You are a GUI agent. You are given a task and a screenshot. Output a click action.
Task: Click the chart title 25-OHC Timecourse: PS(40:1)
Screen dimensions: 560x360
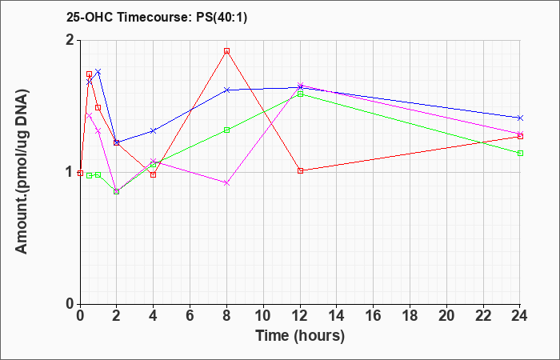[157, 18]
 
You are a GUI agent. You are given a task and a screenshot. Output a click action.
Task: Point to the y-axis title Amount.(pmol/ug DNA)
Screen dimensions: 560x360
[22, 172]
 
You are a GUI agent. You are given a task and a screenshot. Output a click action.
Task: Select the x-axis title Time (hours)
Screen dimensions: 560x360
[300, 336]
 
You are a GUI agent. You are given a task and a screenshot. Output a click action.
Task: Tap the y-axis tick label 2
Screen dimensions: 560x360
[70, 40]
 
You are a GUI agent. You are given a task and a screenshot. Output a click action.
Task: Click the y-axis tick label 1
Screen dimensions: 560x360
[70, 173]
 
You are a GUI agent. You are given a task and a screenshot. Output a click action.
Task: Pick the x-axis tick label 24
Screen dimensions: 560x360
[519, 316]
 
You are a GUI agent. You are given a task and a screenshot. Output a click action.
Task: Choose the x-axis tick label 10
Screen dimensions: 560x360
[263, 316]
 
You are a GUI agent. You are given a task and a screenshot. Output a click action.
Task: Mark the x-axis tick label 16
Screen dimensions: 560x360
[374, 316]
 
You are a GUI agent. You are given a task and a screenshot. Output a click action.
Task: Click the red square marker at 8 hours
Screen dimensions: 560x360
[226, 51]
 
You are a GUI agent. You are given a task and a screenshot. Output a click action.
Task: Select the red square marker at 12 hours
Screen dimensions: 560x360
[300, 170]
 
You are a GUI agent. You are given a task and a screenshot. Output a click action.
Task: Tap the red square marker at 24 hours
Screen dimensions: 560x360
[520, 137]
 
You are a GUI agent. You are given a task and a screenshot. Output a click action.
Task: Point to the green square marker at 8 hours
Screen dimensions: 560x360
[226, 130]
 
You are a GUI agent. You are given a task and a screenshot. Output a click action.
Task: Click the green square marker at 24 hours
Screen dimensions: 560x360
[520, 154]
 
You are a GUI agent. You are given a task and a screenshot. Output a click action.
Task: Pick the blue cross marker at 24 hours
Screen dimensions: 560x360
[520, 118]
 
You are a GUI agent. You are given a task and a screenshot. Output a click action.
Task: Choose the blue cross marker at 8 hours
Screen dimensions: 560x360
[226, 90]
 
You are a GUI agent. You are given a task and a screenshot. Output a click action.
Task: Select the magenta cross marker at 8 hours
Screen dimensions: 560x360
[226, 183]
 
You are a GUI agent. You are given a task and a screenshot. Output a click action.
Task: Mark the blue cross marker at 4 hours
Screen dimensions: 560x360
[154, 130]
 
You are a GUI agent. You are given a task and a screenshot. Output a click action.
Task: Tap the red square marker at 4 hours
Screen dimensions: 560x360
[154, 174]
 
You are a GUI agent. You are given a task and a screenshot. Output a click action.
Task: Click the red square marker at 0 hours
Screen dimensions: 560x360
[80, 174]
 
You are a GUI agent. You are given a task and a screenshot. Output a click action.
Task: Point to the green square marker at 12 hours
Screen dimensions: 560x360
[300, 94]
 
